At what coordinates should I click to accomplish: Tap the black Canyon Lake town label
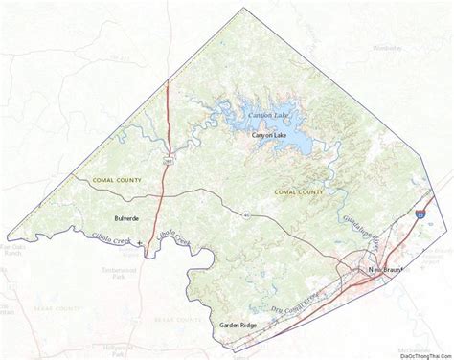coord(269,136)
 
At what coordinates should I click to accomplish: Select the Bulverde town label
coord(125,218)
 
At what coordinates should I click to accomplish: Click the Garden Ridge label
coord(237,326)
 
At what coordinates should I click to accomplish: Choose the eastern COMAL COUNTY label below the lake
coord(295,192)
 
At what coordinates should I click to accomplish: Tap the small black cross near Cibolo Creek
coord(141,243)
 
